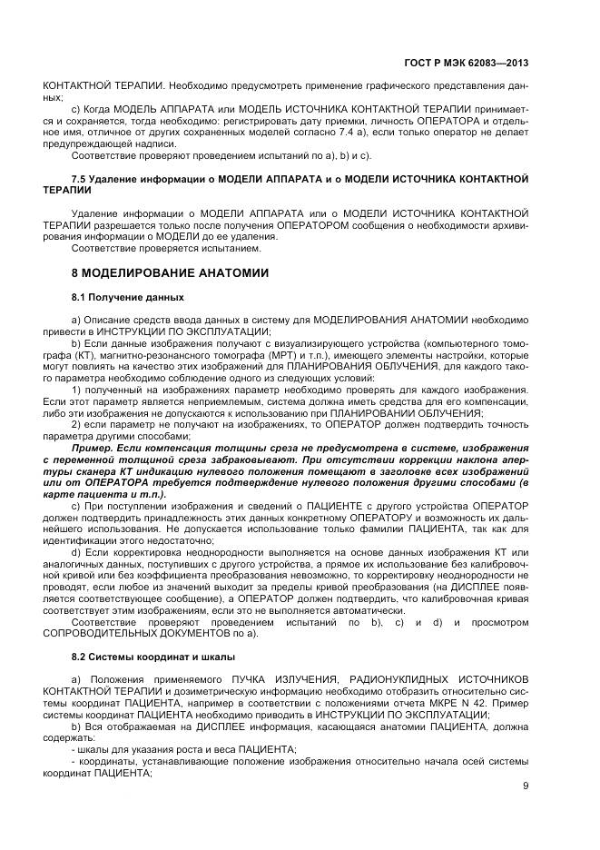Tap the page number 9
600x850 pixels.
point(526,786)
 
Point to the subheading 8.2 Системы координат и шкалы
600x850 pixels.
point(153,656)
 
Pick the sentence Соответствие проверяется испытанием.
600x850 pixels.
point(165,248)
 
